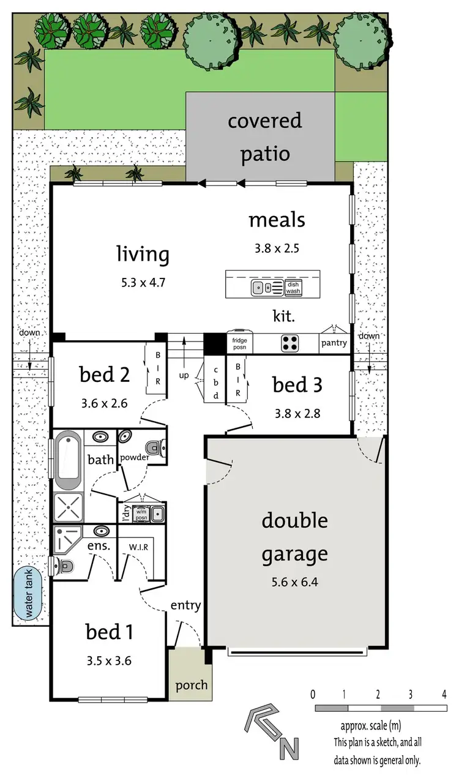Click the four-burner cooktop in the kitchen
(289, 343)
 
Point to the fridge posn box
(239, 343)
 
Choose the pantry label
(334, 343)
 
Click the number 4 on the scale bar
(443, 694)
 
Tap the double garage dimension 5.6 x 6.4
(295, 581)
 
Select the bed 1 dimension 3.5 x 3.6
(109, 660)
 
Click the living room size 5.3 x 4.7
(143, 283)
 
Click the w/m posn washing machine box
(141, 514)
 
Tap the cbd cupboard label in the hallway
(215, 383)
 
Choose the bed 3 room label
(297, 385)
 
